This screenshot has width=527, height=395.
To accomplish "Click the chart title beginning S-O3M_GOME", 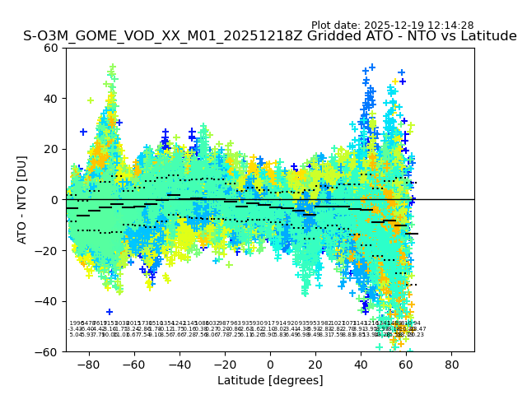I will [270, 36].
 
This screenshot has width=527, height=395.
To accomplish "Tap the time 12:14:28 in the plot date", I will [450, 26].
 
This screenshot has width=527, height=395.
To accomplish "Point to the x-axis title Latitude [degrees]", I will [270, 380].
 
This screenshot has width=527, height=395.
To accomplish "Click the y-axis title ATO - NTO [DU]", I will [22, 199].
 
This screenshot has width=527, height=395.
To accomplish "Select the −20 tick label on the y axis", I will [49, 250].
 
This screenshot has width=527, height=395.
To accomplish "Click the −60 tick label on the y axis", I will [49, 351].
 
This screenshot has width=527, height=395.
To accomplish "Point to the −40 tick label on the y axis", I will [49, 301].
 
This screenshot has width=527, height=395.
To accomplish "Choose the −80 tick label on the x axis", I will [88, 364].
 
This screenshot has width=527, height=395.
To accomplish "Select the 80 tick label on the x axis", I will [452, 364].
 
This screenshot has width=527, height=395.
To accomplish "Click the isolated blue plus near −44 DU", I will [110, 312].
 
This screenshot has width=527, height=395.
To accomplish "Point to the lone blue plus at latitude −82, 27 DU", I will [83, 132].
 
